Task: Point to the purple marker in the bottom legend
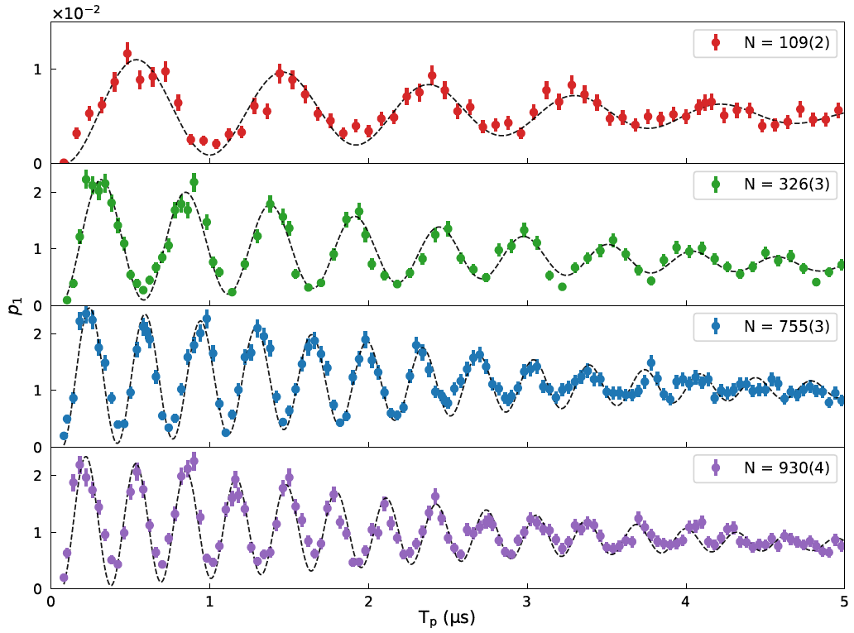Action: [x=716, y=468]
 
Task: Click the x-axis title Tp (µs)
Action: [x=448, y=618]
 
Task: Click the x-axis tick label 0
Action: [x=51, y=601]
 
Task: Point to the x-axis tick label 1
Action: [x=210, y=601]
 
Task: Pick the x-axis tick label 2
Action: [x=368, y=601]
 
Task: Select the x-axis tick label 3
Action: [x=527, y=601]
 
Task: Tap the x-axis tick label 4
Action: [x=685, y=601]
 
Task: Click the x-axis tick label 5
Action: [x=843, y=601]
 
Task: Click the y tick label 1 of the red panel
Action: [x=37, y=69]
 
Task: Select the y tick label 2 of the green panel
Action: [x=37, y=193]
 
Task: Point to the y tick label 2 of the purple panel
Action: [x=37, y=476]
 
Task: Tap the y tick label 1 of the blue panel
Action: [x=37, y=391]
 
